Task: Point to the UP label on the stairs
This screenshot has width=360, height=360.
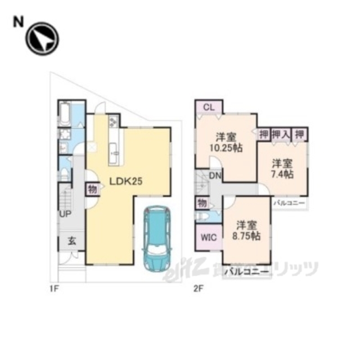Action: coord(66,214)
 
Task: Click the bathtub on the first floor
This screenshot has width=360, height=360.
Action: coord(64,114)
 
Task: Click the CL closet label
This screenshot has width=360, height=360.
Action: coord(208,107)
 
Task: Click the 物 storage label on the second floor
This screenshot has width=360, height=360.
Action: coord(201,202)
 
